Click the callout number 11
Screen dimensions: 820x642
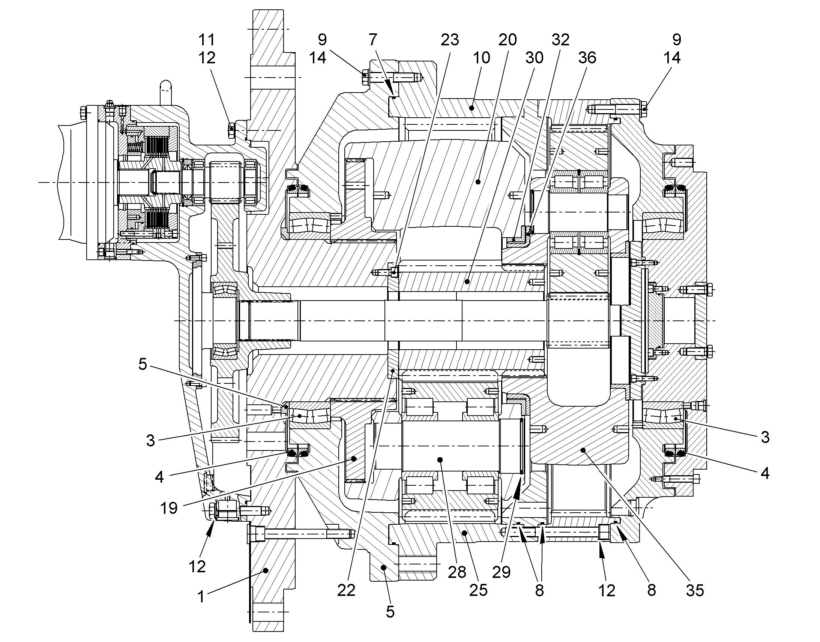pos(207,39)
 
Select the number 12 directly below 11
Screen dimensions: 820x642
pos(207,58)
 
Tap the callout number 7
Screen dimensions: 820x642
pos(373,39)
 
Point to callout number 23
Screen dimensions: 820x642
pos(450,39)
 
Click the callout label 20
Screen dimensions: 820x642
pos(508,39)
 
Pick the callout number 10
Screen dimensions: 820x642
pos(482,58)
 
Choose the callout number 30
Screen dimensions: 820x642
pos(534,58)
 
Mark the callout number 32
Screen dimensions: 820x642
pos(560,39)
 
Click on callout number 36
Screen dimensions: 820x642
pos(587,58)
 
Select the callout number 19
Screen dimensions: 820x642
pos(169,508)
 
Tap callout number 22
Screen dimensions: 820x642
pos(346,591)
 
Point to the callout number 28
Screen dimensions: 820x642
pos(457,572)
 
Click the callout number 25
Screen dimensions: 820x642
pos(479,591)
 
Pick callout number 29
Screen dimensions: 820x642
pos(502,572)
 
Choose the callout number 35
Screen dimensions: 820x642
pos(695,591)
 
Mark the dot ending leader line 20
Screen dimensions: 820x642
pos(478,182)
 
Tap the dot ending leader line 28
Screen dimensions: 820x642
pos(441,459)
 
